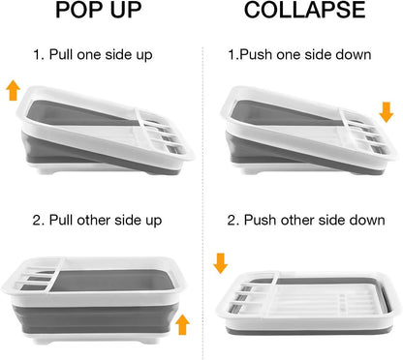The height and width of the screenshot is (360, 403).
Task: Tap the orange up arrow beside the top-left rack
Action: pos(14,91)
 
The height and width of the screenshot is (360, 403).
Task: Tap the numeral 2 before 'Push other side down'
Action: pos(232,221)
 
